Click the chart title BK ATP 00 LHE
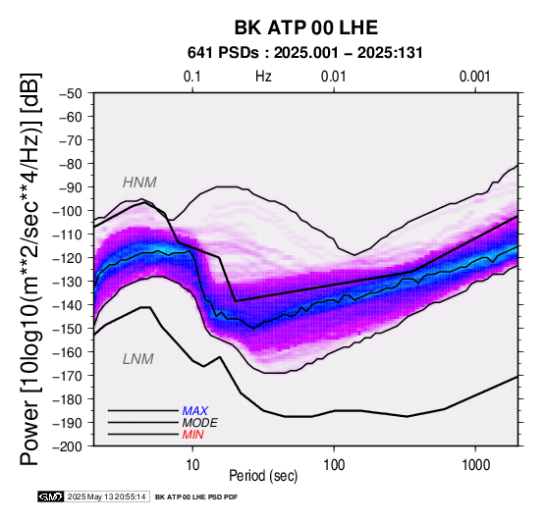pos(306,27)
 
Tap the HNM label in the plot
pos(139,183)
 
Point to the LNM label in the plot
pos(138,359)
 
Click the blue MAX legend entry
pos(195,411)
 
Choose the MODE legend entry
pos(200,423)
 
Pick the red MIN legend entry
pos(192,435)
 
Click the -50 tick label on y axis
pos(71,93)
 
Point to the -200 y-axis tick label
pos(68,446)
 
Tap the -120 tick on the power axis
pos(68,258)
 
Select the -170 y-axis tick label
pos(68,376)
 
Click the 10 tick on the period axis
pos(192,465)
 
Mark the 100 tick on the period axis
pos(334,465)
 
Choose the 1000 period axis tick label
pos(475,465)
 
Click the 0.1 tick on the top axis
pos(192,77)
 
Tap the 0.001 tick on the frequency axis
pos(475,77)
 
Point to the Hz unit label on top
pos(263,77)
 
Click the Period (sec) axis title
pos(263,476)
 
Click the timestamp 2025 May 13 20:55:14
pos(106,497)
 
